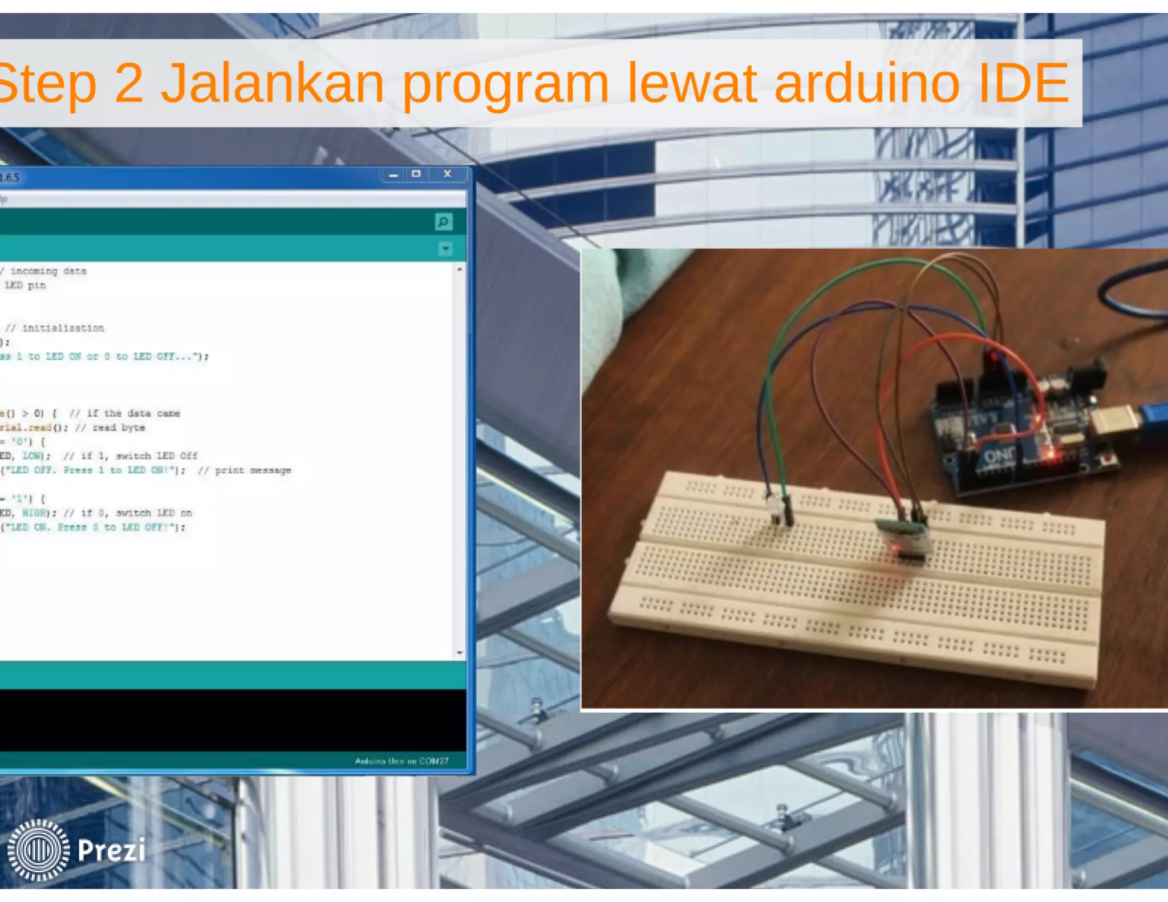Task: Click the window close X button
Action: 448,174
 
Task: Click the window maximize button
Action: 416,174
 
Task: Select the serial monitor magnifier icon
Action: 443,221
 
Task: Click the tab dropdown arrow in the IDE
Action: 445,249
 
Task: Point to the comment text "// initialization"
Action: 55,328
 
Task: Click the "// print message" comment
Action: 245,470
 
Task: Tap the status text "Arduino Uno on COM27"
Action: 401,761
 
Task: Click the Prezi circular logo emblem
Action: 38,850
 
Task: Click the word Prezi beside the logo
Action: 112,850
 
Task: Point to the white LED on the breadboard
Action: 774,507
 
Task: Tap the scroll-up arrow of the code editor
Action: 460,269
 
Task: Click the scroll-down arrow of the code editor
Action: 460,653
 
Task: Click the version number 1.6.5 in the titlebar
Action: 10,177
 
